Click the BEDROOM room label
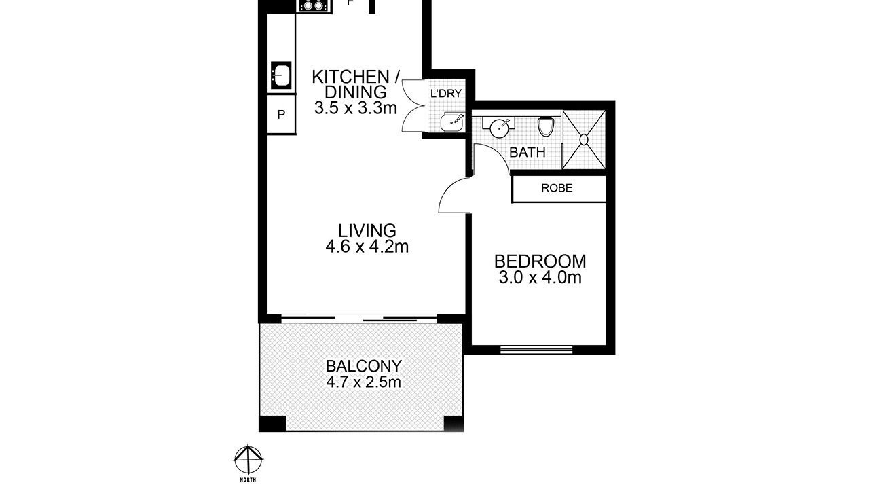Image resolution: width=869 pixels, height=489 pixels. point(540,261)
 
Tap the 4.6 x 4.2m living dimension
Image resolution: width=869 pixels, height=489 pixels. point(367,247)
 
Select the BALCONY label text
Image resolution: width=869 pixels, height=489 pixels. point(363,366)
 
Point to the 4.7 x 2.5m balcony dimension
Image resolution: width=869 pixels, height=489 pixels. point(363,382)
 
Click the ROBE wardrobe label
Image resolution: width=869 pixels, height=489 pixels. point(557,188)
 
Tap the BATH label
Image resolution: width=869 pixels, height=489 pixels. point(528,152)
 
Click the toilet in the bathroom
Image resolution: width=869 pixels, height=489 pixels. point(546,126)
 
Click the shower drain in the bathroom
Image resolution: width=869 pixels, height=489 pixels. point(584,139)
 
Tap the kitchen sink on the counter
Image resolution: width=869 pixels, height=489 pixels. point(281,75)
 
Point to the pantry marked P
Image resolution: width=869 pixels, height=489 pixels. point(281,115)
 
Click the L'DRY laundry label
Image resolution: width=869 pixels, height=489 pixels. point(446,94)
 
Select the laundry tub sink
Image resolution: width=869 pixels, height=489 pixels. point(452,123)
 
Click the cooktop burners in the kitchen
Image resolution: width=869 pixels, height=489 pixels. point(314,6)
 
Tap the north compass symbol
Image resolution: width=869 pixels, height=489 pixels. point(248,460)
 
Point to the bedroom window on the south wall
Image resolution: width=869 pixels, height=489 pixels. point(536,349)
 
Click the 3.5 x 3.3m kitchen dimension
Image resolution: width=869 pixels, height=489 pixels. point(356,108)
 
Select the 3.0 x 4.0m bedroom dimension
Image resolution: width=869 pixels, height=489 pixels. point(540,278)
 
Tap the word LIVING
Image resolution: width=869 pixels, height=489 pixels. point(367,230)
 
